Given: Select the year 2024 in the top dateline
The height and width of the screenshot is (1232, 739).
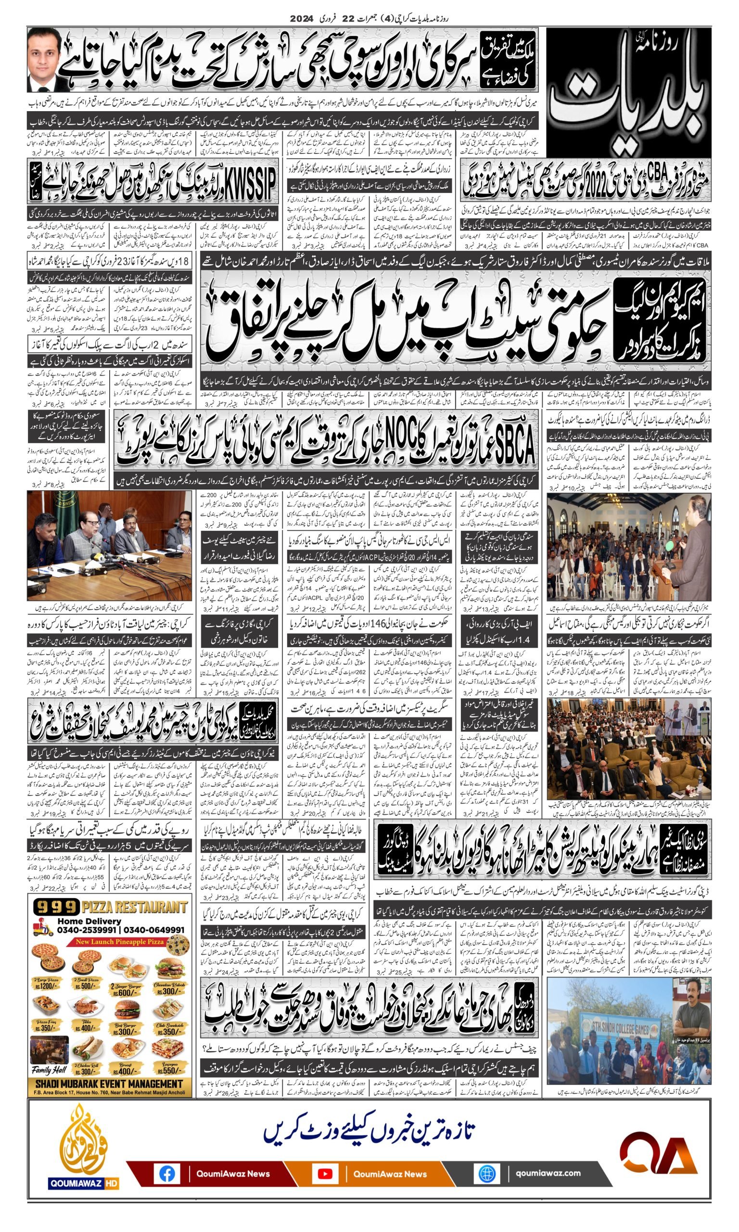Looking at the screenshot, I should point(302,18).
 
